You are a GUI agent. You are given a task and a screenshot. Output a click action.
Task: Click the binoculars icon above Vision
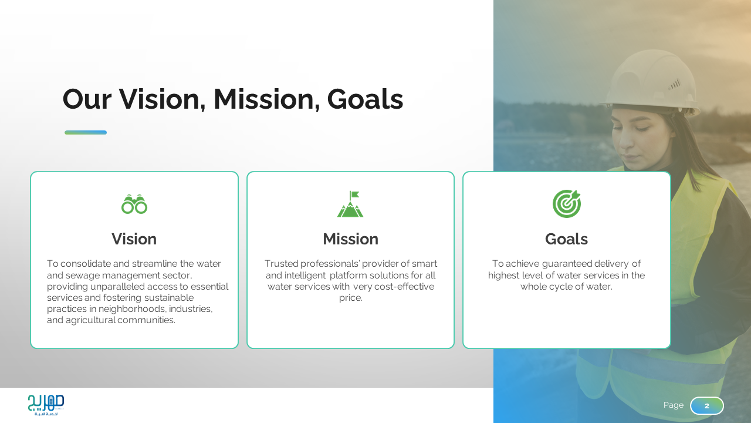tap(134, 204)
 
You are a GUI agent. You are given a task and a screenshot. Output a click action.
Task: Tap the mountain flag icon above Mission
tap(350, 204)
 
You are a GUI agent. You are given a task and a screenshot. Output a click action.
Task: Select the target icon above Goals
tap(567, 204)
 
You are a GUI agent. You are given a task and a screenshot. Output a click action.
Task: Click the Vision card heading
tap(134, 239)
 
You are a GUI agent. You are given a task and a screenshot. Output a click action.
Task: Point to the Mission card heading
tap(350, 239)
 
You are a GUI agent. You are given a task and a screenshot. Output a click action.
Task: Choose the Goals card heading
tap(566, 239)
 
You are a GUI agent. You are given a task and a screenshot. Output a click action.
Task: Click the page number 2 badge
tap(707, 405)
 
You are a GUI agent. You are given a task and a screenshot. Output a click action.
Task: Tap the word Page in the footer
tap(673, 405)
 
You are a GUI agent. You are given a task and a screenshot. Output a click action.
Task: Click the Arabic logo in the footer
tap(46, 405)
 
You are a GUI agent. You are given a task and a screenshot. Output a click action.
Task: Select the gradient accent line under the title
tap(86, 133)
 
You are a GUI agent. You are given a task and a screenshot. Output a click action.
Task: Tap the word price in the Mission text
tap(350, 298)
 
